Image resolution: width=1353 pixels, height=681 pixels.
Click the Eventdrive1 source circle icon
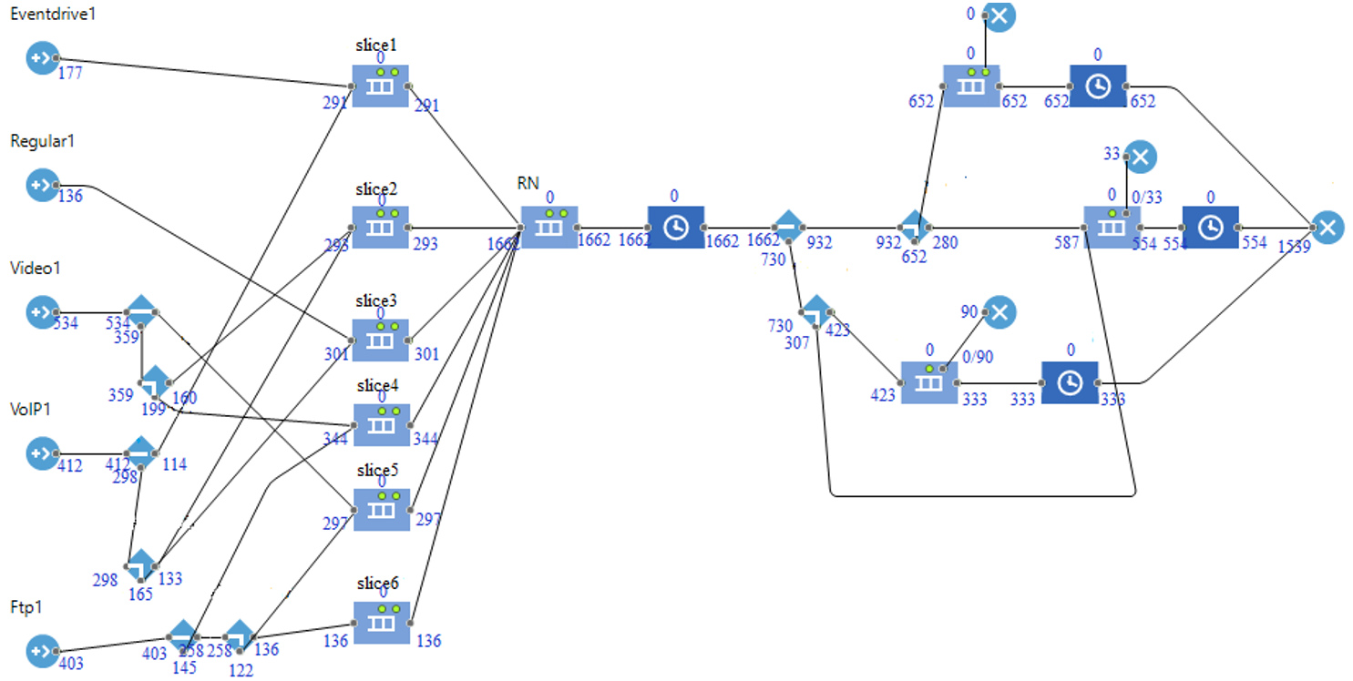pyautogui.click(x=42, y=58)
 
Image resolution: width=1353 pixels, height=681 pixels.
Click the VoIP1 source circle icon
pyautogui.click(x=42, y=452)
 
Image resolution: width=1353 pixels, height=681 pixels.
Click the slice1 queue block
pyautogui.click(x=381, y=86)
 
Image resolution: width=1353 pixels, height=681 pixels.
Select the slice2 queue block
pyautogui.click(x=381, y=227)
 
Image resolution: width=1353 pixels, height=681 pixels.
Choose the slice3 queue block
pyautogui.click(x=381, y=340)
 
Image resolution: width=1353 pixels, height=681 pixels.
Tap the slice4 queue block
pyautogui.click(x=381, y=424)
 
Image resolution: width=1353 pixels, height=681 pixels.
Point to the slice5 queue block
pyautogui.click(x=381, y=510)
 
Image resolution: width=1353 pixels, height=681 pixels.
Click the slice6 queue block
pyautogui.click(x=381, y=622)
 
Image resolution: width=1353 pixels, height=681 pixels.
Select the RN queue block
pyautogui.click(x=548, y=227)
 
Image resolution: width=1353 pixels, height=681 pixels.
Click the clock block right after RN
pyautogui.click(x=675, y=227)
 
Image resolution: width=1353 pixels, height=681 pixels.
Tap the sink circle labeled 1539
pyautogui.click(x=1327, y=227)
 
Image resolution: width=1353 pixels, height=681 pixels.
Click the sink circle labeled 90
pyautogui.click(x=999, y=312)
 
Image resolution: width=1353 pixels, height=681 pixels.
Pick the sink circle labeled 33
pyautogui.click(x=1140, y=157)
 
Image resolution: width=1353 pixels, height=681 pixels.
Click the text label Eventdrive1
pyautogui.click(x=52, y=15)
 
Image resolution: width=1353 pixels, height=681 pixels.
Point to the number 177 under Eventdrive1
pyautogui.click(x=69, y=74)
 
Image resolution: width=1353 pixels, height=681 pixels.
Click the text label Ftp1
pyautogui.click(x=26, y=607)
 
